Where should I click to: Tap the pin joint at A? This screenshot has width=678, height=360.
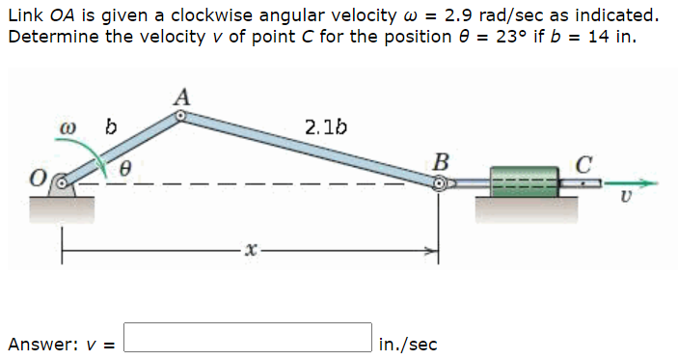(180, 116)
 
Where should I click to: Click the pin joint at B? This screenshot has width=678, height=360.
(440, 181)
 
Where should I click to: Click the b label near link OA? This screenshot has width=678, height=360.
(110, 126)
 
